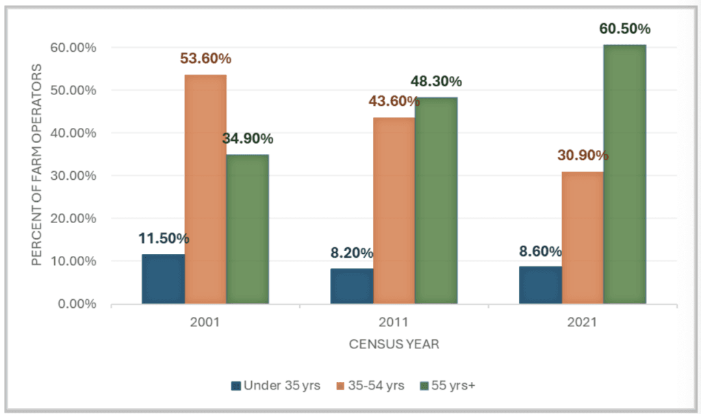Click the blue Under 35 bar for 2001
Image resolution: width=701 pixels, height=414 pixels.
coord(163,279)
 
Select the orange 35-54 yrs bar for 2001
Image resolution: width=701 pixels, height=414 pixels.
coord(205,189)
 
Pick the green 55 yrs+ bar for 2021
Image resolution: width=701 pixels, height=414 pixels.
coord(624,174)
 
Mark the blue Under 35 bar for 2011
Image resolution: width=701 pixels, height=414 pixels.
coord(352,286)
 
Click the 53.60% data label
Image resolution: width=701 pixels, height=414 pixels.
coord(205,59)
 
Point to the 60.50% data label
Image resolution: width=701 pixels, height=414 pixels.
coord(624,29)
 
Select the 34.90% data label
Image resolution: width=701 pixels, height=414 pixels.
coord(248,139)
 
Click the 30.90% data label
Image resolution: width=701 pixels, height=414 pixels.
coord(583,155)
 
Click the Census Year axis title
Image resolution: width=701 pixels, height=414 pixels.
coord(394,345)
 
